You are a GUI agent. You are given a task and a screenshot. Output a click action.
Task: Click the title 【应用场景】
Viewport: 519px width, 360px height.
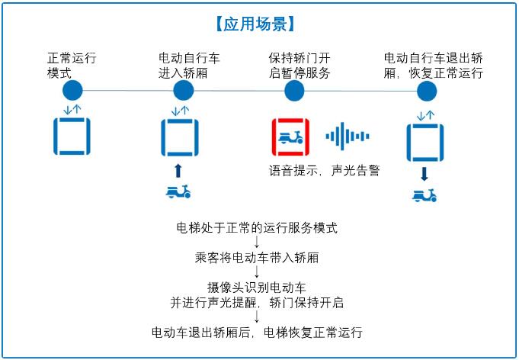point(255,24)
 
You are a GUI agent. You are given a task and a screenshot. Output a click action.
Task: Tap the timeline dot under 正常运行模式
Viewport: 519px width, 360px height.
point(72,90)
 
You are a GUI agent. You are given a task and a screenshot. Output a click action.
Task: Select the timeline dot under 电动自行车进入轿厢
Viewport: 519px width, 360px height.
point(184,90)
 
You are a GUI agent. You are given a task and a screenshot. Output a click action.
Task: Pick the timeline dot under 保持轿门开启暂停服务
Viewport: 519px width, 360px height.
point(294,91)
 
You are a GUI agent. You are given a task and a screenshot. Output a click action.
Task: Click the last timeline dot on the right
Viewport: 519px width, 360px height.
point(427,91)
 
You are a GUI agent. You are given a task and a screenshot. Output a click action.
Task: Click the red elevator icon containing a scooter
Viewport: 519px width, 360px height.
point(290,137)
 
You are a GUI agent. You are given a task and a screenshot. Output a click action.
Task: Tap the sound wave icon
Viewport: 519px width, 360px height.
point(348,136)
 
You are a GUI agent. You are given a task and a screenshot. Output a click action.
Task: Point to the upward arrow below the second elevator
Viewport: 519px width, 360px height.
point(178,171)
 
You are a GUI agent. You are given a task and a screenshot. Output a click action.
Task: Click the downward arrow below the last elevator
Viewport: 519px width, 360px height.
point(424,174)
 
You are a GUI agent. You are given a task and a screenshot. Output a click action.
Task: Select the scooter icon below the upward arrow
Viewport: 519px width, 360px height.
point(178,191)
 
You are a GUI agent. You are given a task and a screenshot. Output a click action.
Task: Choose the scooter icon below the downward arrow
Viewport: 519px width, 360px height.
point(424,195)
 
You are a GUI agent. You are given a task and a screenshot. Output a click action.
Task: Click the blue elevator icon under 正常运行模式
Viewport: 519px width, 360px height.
point(72,136)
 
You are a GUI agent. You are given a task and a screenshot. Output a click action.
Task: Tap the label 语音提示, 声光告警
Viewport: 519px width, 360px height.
point(324,171)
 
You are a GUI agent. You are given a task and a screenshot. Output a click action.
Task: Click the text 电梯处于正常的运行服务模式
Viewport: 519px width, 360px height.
point(257,228)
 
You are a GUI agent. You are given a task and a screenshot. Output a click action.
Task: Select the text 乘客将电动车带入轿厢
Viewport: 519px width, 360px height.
point(257,257)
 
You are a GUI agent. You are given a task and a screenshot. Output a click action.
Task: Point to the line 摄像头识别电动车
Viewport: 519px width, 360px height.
point(257,287)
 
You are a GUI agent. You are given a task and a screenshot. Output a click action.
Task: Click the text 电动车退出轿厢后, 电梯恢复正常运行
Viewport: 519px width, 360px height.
point(257,332)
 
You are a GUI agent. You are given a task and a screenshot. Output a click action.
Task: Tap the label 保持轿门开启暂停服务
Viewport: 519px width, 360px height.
point(300,66)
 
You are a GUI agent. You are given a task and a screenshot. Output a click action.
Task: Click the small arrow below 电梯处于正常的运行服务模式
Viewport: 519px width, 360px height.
point(257,243)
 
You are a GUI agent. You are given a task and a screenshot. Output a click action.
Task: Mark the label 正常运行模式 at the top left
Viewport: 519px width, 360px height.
point(72,66)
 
